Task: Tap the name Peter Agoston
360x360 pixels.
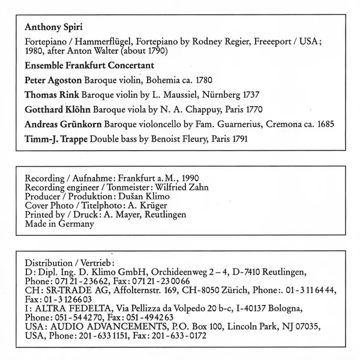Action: pyautogui.click(x=51, y=80)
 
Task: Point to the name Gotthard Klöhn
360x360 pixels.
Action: pyautogui.click(x=52, y=110)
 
